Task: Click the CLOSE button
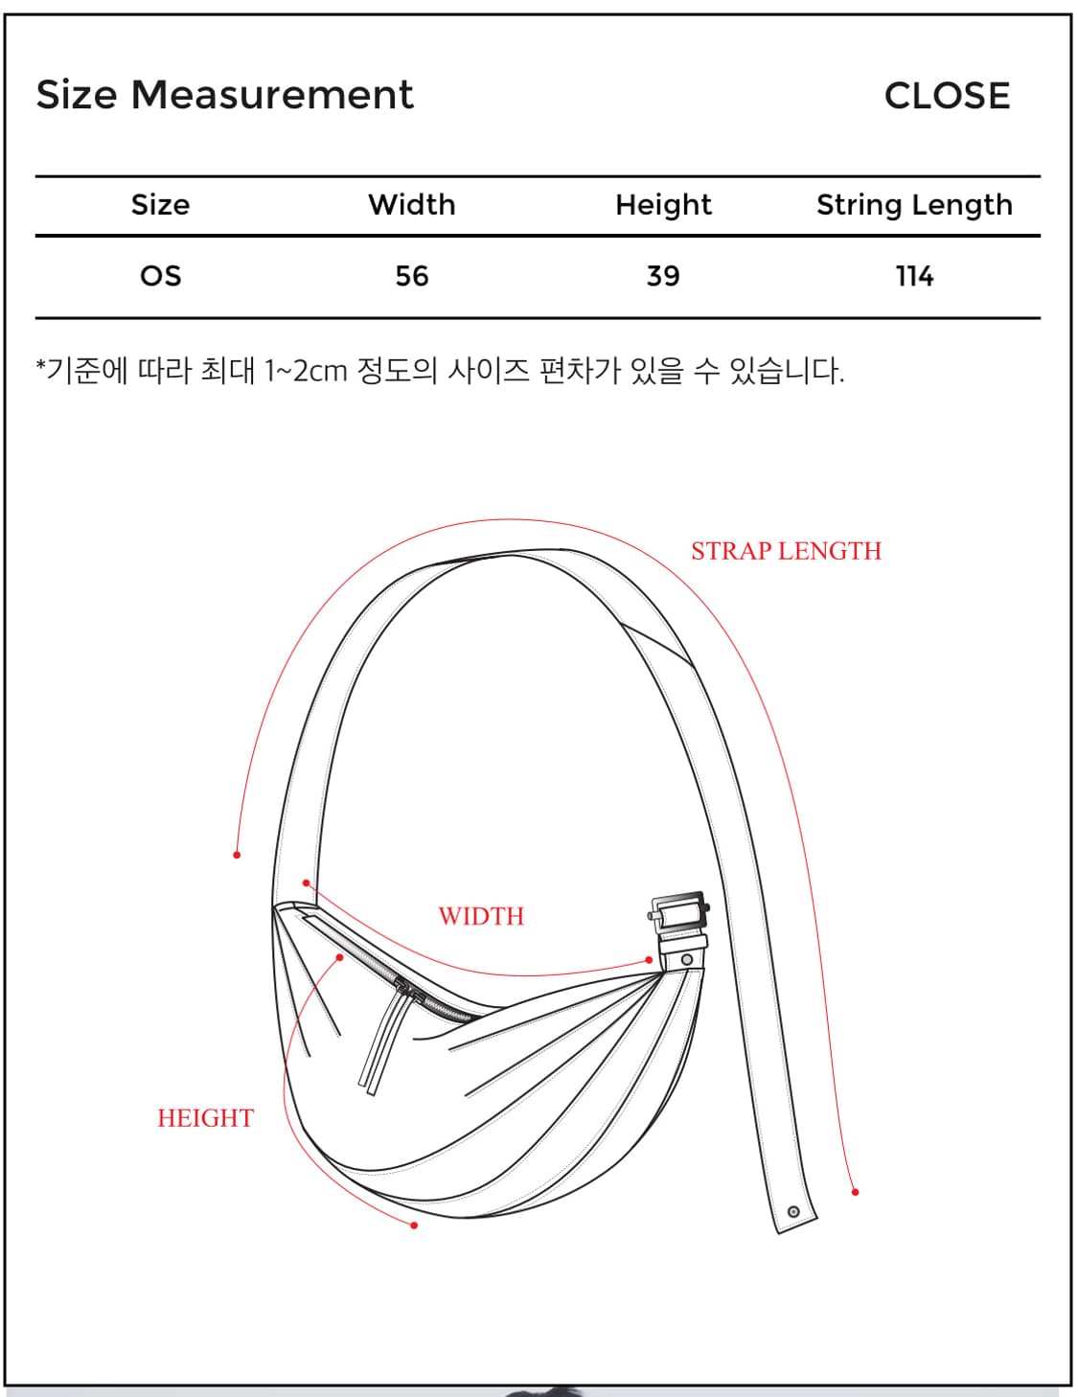point(946,96)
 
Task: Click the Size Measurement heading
point(224,95)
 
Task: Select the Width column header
point(411,205)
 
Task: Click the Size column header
point(160,205)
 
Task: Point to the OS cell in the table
point(160,277)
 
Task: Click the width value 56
point(411,277)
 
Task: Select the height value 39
point(663,277)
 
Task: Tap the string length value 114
point(914,277)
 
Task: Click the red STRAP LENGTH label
point(786,551)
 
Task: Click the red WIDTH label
point(481,916)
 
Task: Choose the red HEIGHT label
point(206,1118)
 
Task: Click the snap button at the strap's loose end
point(793,1212)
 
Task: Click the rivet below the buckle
point(686,960)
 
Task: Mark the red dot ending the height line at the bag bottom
point(414,1225)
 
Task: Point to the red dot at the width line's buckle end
point(649,960)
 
